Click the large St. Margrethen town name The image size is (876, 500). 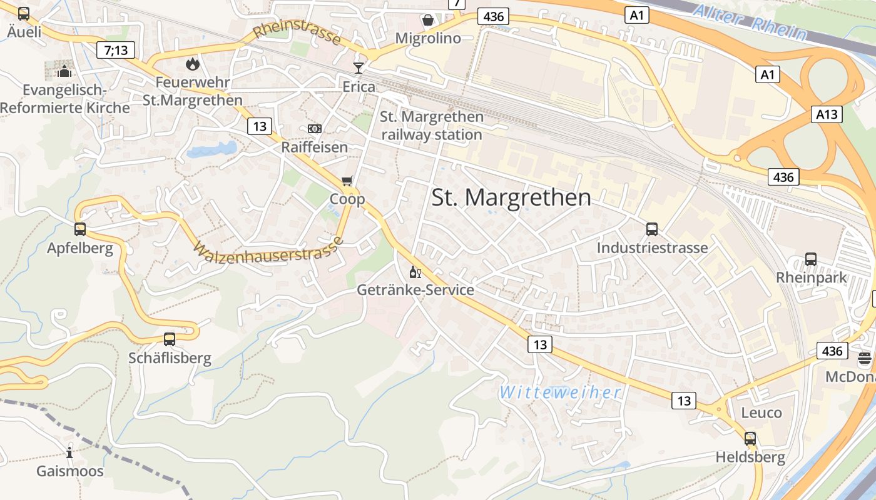point(511,197)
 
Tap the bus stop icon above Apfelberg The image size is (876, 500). point(79,229)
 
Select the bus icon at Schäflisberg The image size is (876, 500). point(170,339)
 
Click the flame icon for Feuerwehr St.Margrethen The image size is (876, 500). point(192,64)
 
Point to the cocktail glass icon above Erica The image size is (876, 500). point(359,67)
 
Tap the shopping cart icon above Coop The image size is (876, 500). point(347,181)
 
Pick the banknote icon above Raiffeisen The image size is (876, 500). point(315,129)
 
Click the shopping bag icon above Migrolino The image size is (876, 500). point(428,20)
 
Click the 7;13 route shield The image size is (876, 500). point(116,50)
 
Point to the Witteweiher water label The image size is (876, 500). point(561,392)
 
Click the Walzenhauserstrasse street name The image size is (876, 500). point(268,250)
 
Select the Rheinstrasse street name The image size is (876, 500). point(297,33)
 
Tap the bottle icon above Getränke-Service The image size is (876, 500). point(415,272)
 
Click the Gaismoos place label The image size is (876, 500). point(70,471)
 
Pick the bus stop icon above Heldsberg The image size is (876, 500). point(750,439)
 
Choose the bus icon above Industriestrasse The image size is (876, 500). point(652,229)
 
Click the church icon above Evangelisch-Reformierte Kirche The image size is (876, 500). point(64,71)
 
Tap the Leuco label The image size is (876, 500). point(761,413)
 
